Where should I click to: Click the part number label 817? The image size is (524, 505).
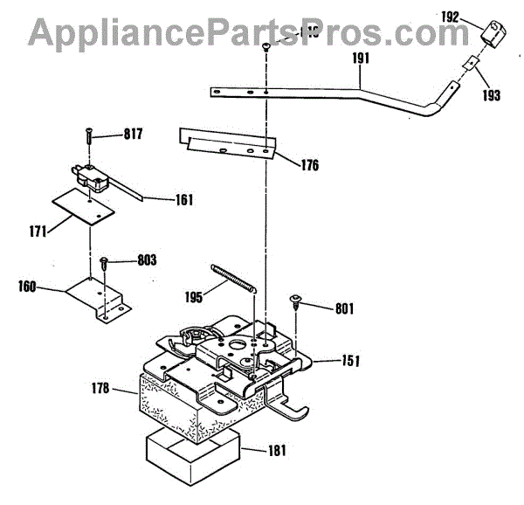click(132, 134)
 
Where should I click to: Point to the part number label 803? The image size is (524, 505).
click(146, 260)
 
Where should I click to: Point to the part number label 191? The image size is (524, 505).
click(362, 59)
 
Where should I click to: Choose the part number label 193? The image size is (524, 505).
click(491, 94)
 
